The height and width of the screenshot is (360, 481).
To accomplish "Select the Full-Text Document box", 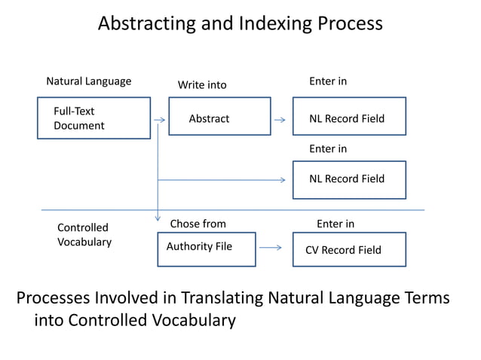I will pyautogui.click(x=93, y=118).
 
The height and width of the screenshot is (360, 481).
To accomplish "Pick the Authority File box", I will pyautogui.click(x=206, y=249).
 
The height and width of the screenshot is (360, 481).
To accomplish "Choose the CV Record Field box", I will pyautogui.click(x=349, y=249).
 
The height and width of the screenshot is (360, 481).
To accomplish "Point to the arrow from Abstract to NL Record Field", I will pyautogui.click(x=280, y=119).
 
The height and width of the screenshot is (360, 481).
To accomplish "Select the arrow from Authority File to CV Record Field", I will pyautogui.click(x=270, y=246).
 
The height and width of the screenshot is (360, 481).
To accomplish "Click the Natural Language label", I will pyautogui.click(x=88, y=81).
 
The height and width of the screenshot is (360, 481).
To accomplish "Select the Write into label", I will pyautogui.click(x=202, y=85).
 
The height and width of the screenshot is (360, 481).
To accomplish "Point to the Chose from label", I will pyautogui.click(x=198, y=224).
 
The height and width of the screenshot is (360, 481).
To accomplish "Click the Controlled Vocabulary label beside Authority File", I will pyautogui.click(x=84, y=234).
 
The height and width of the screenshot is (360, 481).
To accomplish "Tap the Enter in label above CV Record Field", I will pyautogui.click(x=335, y=224).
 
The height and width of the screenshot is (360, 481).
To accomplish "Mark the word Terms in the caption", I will pyautogui.click(x=426, y=298).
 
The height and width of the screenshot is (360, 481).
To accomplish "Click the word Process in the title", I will pyautogui.click(x=349, y=23).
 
